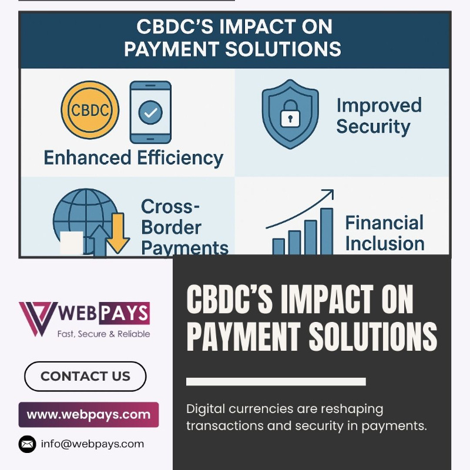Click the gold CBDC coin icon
90,110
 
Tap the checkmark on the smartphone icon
150,112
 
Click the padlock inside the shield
290,113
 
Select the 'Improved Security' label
379,116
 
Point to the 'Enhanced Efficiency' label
133,158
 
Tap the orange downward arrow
118,233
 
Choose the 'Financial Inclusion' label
385,233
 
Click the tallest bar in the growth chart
327,231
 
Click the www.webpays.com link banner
89,415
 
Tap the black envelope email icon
27,444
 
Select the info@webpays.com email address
92,444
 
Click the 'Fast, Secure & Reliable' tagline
104,334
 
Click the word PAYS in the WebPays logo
124,314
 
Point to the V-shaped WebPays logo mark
38,319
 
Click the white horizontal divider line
276,381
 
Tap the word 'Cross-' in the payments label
170,207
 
